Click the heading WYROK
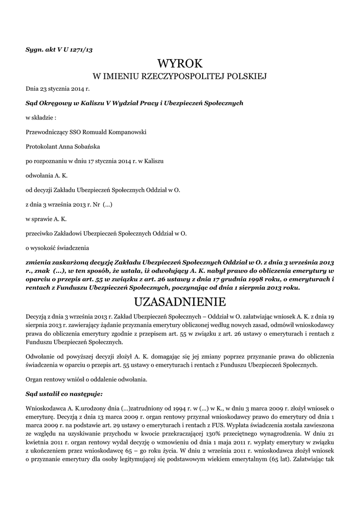[180, 64]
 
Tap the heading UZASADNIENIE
[180, 302]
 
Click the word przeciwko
[40, 233]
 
